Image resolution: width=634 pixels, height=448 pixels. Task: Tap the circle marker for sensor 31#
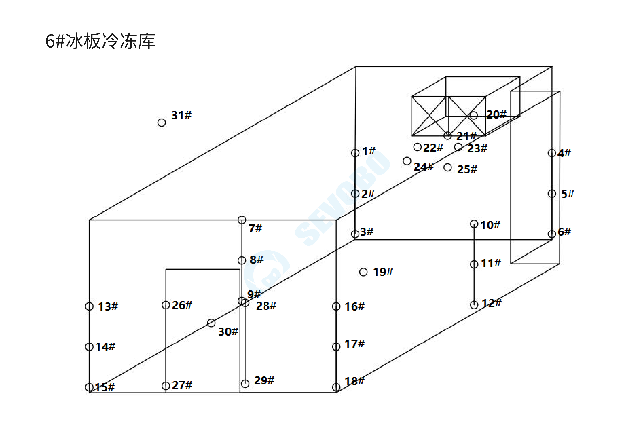(162, 122)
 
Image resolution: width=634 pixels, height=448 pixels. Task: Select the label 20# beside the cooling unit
(496, 115)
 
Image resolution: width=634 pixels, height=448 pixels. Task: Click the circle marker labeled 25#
(448, 167)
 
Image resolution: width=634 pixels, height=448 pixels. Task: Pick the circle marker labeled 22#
(417, 147)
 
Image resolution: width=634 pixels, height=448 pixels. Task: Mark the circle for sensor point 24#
(407, 161)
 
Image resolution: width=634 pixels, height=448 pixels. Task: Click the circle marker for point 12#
(474, 305)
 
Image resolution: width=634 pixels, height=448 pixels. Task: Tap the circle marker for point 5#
(552, 193)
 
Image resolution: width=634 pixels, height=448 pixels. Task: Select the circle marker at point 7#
(242, 220)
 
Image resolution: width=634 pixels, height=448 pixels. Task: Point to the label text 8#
(256, 260)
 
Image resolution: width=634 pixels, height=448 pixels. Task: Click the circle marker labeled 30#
(211, 323)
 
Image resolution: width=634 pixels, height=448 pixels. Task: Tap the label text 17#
(355, 344)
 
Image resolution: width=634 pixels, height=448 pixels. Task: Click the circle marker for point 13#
(89, 306)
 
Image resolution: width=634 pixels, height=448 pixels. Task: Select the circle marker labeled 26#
(166, 305)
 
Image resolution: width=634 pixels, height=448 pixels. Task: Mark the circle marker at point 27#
(166, 386)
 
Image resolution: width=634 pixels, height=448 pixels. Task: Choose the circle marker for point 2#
(355, 193)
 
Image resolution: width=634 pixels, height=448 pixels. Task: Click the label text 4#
(564, 153)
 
